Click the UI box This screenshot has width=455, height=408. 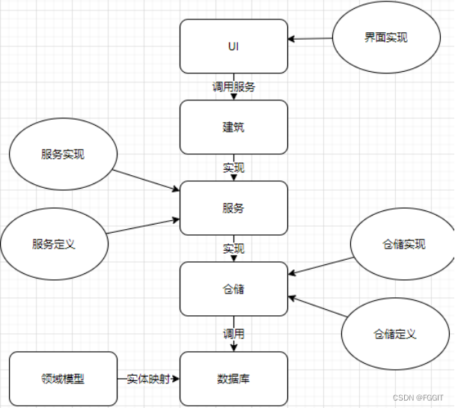(x=233, y=46)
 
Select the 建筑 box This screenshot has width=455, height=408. (x=233, y=127)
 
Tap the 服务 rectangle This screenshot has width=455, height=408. (x=233, y=208)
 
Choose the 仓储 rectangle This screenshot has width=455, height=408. (x=233, y=289)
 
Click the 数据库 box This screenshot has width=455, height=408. (x=233, y=379)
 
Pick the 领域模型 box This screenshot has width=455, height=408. (x=63, y=379)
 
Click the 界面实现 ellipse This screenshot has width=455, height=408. (x=386, y=38)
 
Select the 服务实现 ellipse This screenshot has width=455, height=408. (x=63, y=155)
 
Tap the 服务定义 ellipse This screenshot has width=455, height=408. (x=54, y=244)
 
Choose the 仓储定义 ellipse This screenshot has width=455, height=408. (x=394, y=333)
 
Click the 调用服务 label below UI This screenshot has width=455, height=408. (x=233, y=87)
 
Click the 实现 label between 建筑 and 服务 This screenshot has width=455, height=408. (x=233, y=168)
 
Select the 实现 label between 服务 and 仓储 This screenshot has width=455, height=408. (x=233, y=249)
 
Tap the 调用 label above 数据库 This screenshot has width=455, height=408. (x=233, y=333)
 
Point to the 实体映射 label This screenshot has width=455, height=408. (x=148, y=379)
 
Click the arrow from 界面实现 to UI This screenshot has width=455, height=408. (x=311, y=38)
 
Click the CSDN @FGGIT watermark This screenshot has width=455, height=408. (x=420, y=398)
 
